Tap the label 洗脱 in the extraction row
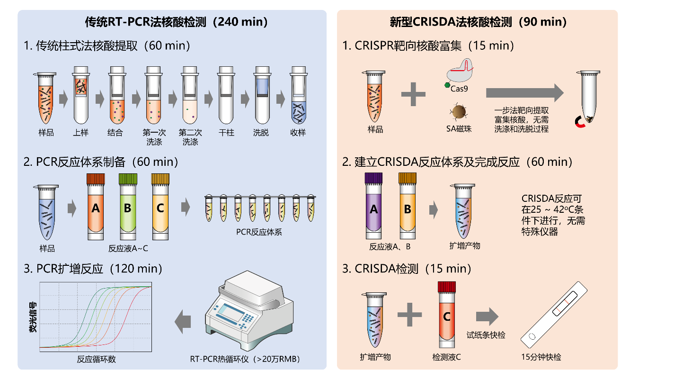point(261,133)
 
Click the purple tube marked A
point(374,208)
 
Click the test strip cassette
point(554,315)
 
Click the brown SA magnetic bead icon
point(458,112)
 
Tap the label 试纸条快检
point(486,335)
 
